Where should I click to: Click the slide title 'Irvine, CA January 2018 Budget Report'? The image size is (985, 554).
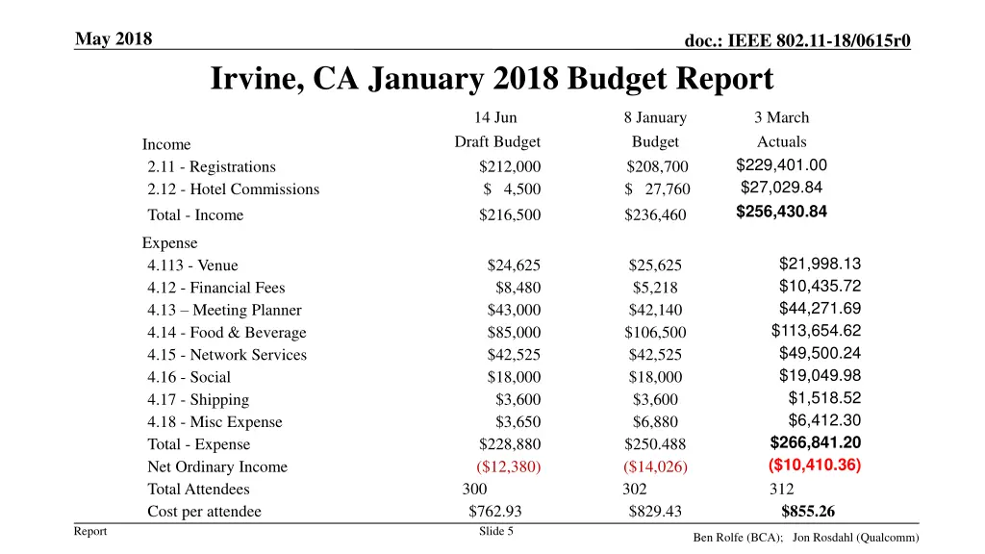492,79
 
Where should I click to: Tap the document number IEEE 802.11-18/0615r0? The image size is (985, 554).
797,39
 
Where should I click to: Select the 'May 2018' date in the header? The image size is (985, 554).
114,38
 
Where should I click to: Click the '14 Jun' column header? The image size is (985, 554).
495,117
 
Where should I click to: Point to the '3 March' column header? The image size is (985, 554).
781,117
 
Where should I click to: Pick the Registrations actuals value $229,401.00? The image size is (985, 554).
781,164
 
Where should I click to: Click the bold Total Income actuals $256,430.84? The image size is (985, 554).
781,212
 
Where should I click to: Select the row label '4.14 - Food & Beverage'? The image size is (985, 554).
227,333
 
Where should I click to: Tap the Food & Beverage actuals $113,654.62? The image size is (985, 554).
816,331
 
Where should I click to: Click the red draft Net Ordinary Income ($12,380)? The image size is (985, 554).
509,467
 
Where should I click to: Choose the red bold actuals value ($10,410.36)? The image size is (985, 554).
815,466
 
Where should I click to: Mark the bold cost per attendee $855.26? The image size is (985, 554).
808,512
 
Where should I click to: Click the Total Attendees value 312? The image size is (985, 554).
781,490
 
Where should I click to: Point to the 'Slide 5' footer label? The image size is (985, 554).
495,531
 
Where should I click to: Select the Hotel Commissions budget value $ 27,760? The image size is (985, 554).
657,189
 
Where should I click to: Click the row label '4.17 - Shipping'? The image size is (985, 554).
198,400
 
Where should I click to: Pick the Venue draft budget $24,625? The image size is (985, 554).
514,265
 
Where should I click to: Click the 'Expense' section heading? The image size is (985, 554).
170,243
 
